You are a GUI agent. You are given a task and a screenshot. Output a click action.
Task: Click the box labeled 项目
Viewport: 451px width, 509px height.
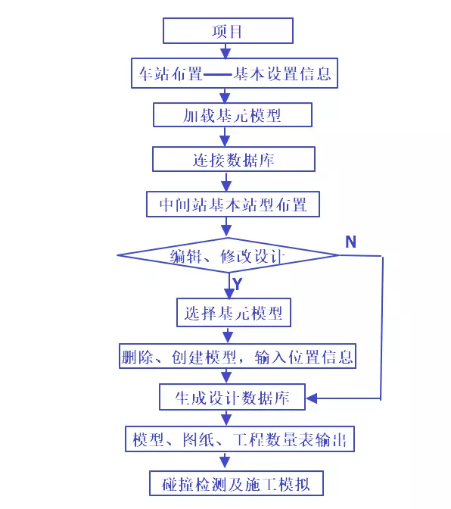[x=228, y=32]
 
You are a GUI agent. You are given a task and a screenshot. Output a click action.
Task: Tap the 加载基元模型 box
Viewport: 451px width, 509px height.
[x=232, y=116]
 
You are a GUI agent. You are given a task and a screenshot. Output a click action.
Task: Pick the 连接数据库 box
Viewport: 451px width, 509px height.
[x=232, y=161]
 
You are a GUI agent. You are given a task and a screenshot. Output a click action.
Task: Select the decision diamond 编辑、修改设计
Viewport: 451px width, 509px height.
[x=227, y=255]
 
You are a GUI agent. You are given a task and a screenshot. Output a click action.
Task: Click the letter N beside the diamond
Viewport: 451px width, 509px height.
[x=350, y=242]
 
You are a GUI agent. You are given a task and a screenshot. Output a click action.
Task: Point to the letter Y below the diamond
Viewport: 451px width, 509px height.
[x=238, y=284]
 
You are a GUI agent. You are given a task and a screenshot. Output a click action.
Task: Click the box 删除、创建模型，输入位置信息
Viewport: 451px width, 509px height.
[x=238, y=356]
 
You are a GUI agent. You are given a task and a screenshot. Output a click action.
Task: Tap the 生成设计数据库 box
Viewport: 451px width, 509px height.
[x=232, y=397]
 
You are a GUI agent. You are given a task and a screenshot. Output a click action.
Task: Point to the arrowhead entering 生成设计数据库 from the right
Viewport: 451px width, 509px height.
[x=311, y=397]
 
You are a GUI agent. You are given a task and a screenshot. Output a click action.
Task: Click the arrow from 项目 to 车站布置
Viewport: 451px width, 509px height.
[x=225, y=51]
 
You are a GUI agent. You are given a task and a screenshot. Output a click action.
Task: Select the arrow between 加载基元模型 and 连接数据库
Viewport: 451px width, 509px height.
[x=225, y=138]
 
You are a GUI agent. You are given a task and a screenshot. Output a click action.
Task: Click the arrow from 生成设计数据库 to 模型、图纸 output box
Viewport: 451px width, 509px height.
[x=225, y=417]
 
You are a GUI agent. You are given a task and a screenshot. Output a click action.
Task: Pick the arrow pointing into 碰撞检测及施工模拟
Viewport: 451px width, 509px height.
[x=225, y=461]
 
